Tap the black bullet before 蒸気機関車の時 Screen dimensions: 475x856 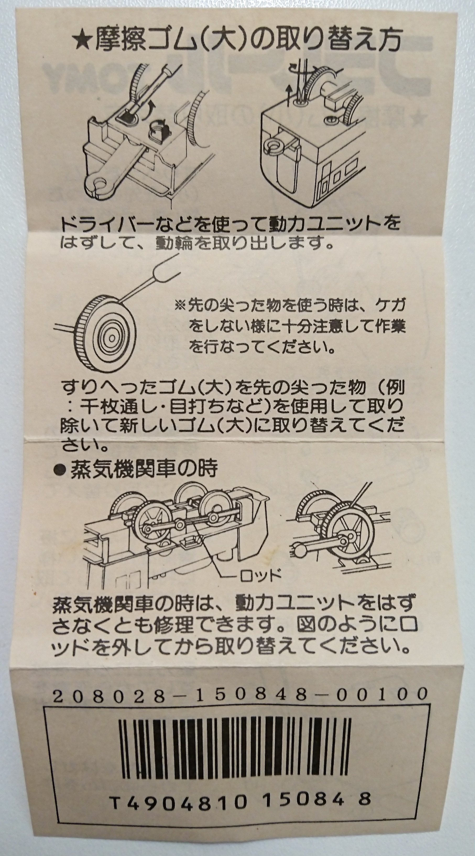[61, 470]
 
